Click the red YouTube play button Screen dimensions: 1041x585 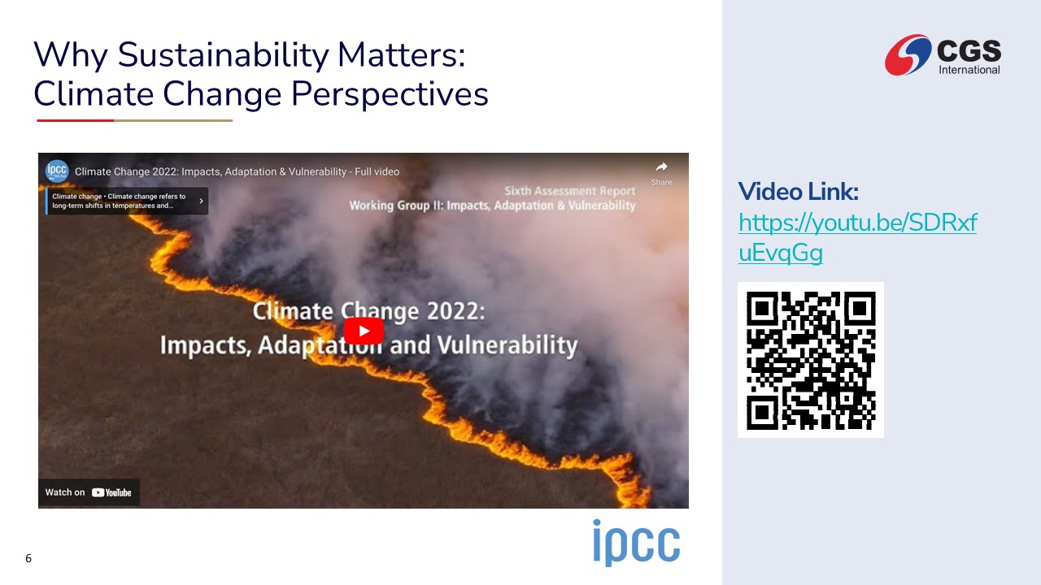click(364, 331)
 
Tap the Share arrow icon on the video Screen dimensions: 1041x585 click(661, 167)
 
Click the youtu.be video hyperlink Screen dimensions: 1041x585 click(857, 237)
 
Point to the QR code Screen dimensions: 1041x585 click(811, 360)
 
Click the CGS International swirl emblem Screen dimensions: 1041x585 click(908, 54)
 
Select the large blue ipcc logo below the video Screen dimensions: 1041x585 click(636, 542)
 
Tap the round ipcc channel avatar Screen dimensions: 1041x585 click(57, 171)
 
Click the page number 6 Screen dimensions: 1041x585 click(28, 558)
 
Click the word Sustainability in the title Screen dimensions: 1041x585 click(223, 55)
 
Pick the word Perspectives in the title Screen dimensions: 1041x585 click(390, 94)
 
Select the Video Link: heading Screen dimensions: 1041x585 click(798, 191)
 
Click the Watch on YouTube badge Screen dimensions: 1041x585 click(89, 492)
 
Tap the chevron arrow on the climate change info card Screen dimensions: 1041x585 click(201, 201)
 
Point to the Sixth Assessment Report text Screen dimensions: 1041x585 click(570, 191)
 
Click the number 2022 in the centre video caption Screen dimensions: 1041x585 click(455, 311)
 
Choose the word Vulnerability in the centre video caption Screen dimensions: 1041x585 click(507, 346)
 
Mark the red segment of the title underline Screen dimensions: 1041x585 click(76, 121)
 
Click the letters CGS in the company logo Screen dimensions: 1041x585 click(969, 50)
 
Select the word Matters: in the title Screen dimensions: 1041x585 click(402, 54)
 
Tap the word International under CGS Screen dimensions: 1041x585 click(969, 70)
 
